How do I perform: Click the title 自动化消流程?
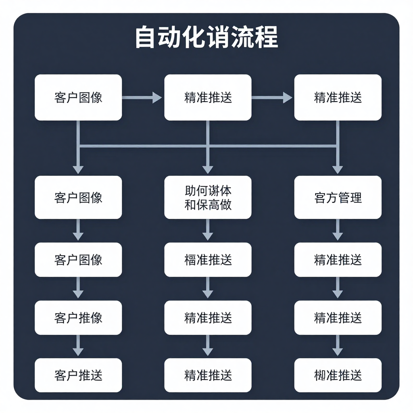pyautogui.click(x=206, y=38)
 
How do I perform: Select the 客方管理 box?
pyautogui.click(x=338, y=197)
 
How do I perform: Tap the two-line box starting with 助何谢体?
pyautogui.click(x=208, y=197)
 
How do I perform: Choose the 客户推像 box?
pyautogui.click(x=78, y=317)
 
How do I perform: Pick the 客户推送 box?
pyautogui.click(x=78, y=375)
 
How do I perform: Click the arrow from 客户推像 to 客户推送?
pyautogui.click(x=78, y=346)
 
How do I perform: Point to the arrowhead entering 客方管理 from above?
pyautogui.click(x=338, y=169)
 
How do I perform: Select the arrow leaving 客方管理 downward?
pyautogui.click(x=338, y=230)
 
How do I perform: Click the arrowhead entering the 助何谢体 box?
pyautogui.click(x=208, y=169)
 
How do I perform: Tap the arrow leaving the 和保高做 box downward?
pyautogui.click(x=208, y=230)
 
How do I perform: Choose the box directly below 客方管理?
pyautogui.click(x=338, y=259)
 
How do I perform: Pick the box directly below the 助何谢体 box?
pyautogui.click(x=208, y=259)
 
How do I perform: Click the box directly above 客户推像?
pyautogui.click(x=78, y=259)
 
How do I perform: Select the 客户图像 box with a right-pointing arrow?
pyautogui.click(x=78, y=97)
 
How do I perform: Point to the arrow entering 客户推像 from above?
pyautogui.click(x=78, y=288)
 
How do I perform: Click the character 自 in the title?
pyautogui.click(x=146, y=38)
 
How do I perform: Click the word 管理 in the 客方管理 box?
pyautogui.click(x=350, y=198)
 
